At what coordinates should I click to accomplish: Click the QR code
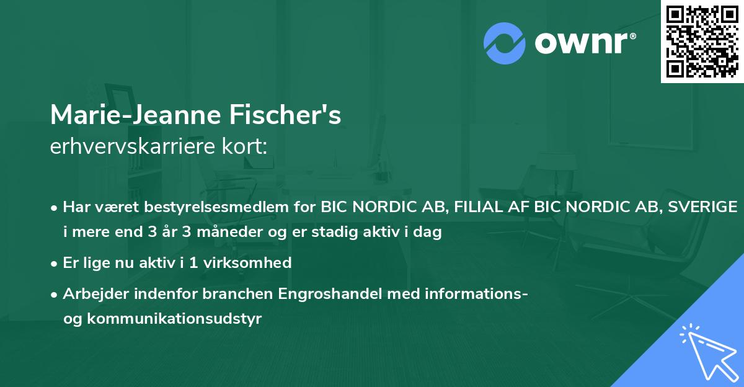(702, 41)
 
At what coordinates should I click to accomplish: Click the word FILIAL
(477, 207)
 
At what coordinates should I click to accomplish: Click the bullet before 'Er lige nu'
(55, 263)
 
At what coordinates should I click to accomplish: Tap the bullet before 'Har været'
(55, 207)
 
